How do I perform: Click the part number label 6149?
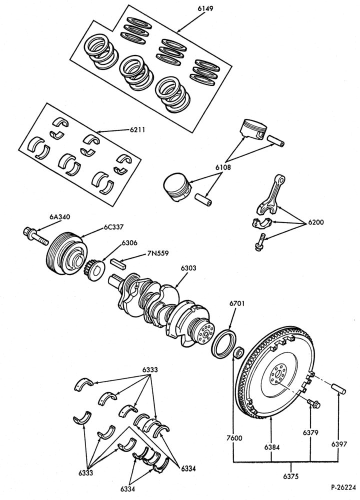(x=205, y=8)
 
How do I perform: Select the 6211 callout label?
(x=137, y=130)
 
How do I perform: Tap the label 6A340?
(x=60, y=217)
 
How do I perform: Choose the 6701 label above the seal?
(x=237, y=303)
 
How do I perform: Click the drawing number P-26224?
(x=343, y=487)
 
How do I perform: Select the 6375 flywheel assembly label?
(x=291, y=476)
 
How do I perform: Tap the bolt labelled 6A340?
(x=35, y=235)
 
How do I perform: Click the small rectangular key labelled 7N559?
(x=119, y=263)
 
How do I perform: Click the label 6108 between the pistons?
(x=223, y=167)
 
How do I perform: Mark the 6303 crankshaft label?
(x=189, y=268)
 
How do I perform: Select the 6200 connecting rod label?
(x=315, y=222)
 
